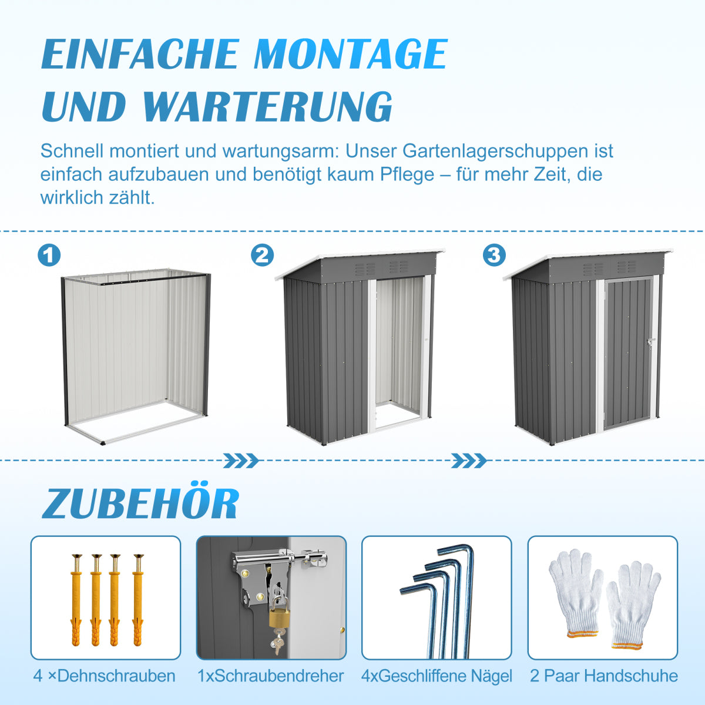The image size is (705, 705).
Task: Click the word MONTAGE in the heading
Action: point(351,54)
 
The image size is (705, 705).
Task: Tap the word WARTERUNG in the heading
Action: point(267,106)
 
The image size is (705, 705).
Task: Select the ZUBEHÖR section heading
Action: point(141,503)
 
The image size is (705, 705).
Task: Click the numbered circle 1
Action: point(49,255)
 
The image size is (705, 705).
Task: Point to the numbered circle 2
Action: point(262,255)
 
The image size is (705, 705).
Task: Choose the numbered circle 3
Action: point(494,255)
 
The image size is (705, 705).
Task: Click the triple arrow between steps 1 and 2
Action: point(241,461)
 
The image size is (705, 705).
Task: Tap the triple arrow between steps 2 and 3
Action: point(469,461)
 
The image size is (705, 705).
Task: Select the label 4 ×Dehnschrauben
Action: point(105,676)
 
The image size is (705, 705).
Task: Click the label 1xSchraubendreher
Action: point(271,676)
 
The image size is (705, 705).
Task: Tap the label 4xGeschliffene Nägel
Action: point(437,676)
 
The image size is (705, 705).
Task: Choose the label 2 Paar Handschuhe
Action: point(604,676)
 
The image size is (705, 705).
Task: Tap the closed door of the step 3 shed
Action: point(628,353)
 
